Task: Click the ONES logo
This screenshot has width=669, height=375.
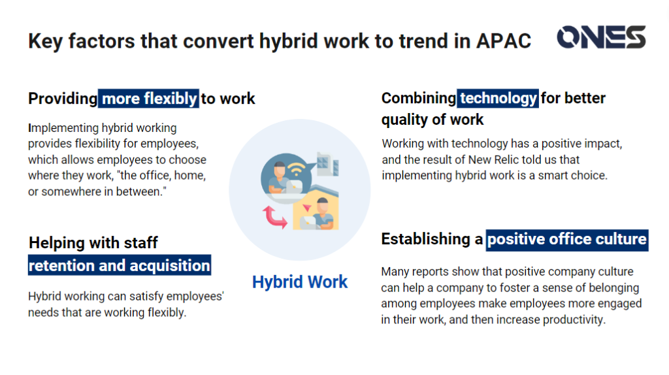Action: [601, 37]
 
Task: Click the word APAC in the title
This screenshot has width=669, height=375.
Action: [504, 41]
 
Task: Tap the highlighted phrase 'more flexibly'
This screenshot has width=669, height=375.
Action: [148, 99]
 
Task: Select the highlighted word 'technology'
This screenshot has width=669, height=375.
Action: [498, 98]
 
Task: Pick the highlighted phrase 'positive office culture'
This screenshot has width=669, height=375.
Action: [567, 239]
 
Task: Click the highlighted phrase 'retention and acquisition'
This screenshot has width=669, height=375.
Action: [120, 265]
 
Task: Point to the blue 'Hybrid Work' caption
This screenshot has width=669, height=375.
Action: [300, 282]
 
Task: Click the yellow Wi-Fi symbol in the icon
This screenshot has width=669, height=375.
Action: [297, 169]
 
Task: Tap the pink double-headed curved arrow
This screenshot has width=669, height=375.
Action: [274, 217]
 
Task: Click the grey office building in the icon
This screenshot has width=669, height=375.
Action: [328, 164]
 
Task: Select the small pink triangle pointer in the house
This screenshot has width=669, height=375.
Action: [307, 208]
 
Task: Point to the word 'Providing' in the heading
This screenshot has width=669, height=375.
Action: [63, 99]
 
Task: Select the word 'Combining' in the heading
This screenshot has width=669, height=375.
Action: [419, 98]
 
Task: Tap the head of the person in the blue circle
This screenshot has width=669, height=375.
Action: [280, 169]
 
